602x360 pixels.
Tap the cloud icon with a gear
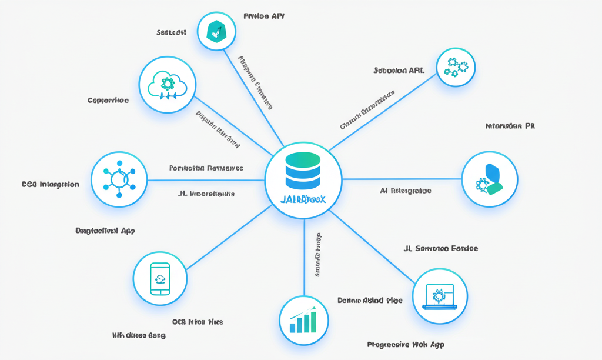(x=167, y=85)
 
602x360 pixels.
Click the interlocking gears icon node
(x=456, y=66)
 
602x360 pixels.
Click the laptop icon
(x=440, y=296)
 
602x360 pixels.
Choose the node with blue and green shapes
(x=490, y=179)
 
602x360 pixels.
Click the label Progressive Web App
(x=406, y=345)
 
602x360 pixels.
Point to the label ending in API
(x=264, y=16)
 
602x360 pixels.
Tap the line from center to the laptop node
(x=376, y=248)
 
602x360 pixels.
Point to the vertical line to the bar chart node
(x=304, y=259)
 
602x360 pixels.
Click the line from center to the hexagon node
(x=253, y=94)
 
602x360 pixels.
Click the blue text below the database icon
(x=303, y=200)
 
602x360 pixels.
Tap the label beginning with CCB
(x=50, y=184)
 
